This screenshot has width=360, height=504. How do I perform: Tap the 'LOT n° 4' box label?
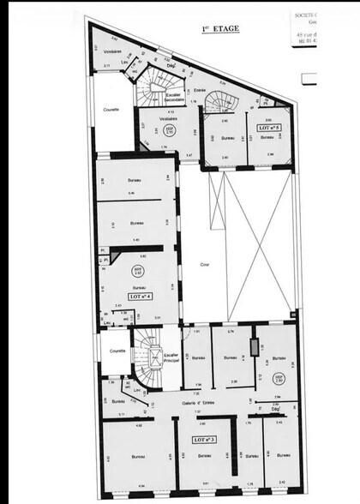click(140, 296)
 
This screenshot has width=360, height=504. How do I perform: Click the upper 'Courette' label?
click(111, 110)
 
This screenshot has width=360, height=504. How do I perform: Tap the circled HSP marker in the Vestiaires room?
click(168, 130)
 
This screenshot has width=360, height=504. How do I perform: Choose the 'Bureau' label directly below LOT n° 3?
click(204, 456)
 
